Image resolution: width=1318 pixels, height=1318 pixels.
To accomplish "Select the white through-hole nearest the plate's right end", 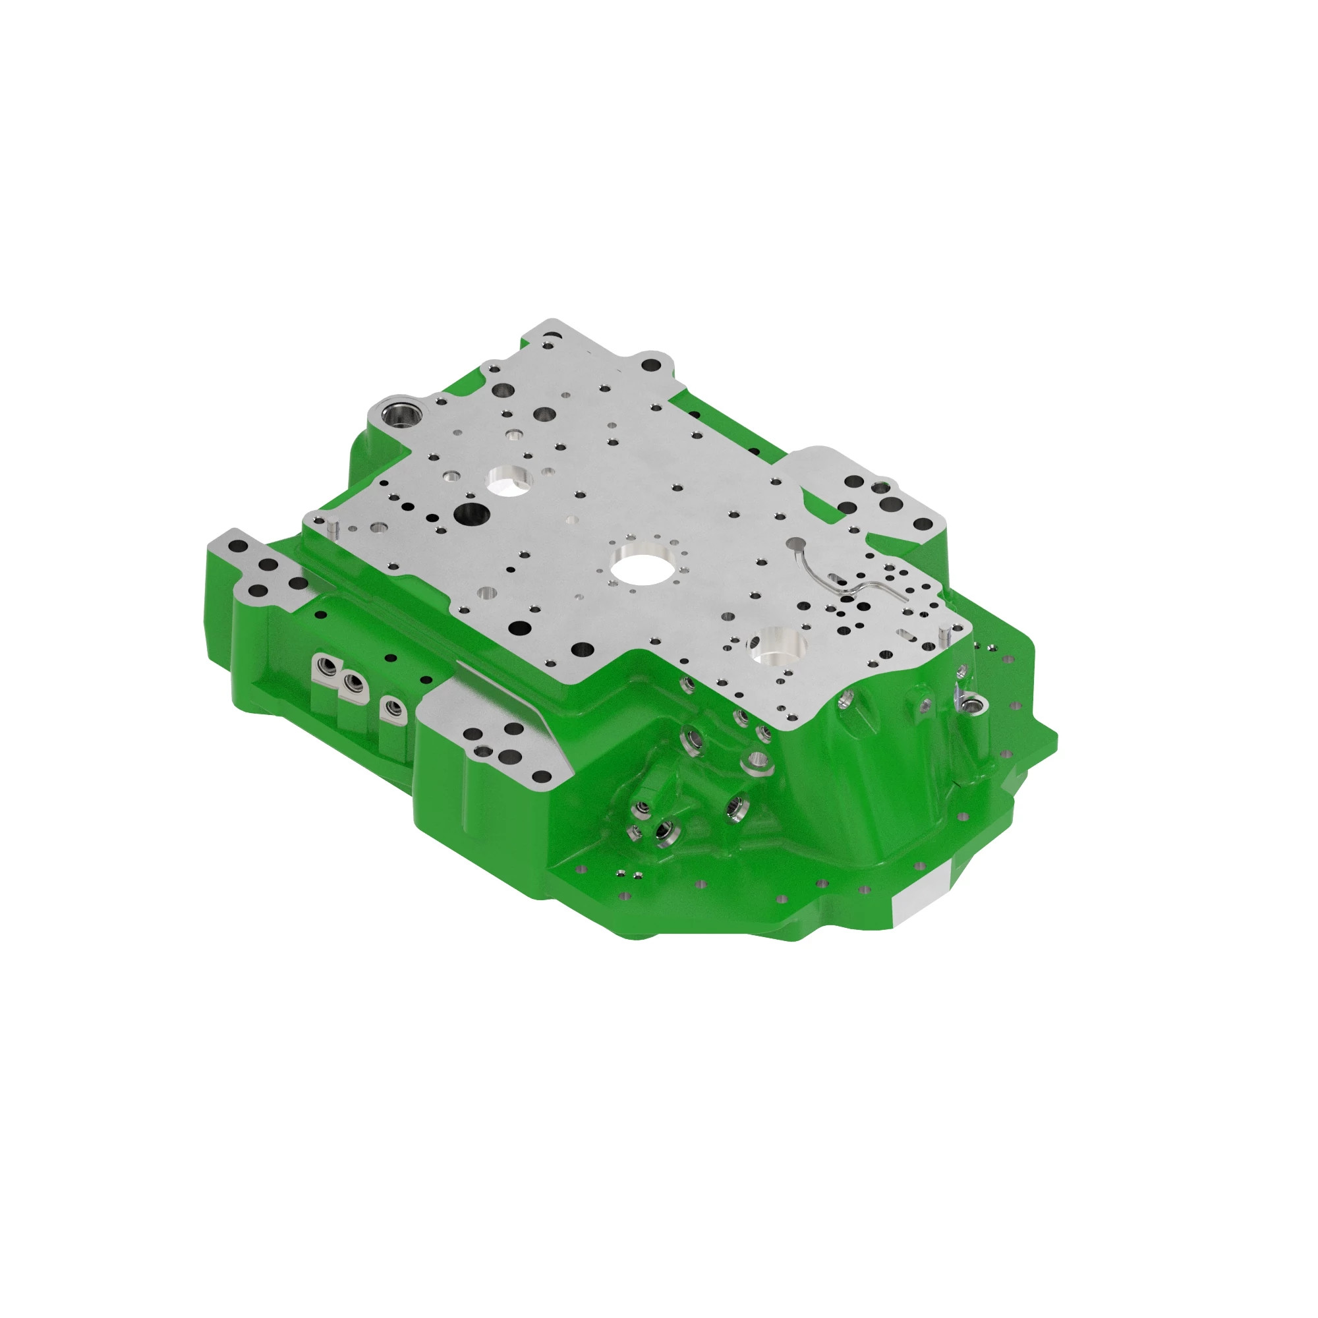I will (x=779, y=644).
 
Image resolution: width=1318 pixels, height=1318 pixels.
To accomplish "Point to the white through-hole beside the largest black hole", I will (x=509, y=479).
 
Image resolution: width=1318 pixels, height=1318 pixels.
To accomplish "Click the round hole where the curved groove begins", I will (x=795, y=544).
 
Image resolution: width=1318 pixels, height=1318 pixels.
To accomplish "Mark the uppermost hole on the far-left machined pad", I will (x=240, y=546).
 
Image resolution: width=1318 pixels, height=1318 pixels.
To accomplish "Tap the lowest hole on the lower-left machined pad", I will (x=540, y=776).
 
